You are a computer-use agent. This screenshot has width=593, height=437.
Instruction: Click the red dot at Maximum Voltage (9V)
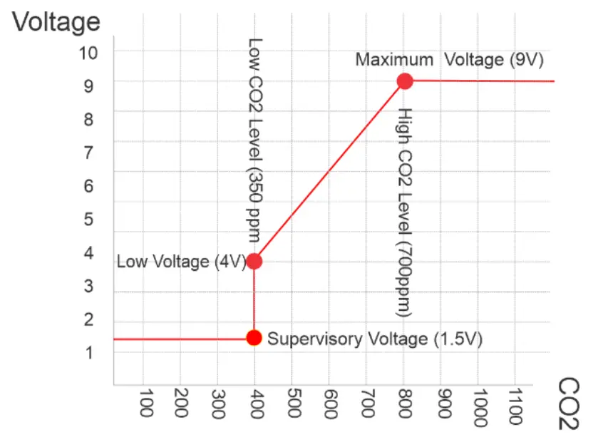click(x=405, y=81)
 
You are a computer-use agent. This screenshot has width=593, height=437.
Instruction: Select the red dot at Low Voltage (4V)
click(x=254, y=261)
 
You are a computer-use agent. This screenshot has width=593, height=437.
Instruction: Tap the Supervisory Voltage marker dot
click(x=254, y=338)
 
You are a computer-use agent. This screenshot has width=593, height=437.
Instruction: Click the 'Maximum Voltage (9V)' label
click(x=449, y=60)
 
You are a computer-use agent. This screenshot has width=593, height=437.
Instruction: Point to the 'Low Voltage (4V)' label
click(x=181, y=262)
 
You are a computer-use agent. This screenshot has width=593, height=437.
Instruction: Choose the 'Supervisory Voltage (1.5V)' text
click(x=375, y=339)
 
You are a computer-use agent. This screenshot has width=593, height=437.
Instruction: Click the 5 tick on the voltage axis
click(x=88, y=219)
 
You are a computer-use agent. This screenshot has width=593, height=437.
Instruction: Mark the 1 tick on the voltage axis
click(x=88, y=352)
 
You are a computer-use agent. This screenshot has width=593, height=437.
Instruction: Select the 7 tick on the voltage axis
click(x=88, y=152)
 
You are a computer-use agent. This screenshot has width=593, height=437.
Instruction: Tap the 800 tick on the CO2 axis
click(x=404, y=405)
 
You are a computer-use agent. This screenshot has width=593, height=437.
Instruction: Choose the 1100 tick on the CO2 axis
click(x=516, y=406)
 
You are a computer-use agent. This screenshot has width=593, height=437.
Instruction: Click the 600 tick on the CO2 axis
click(x=329, y=405)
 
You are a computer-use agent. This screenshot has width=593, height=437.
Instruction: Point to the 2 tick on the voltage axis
click(x=88, y=319)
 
